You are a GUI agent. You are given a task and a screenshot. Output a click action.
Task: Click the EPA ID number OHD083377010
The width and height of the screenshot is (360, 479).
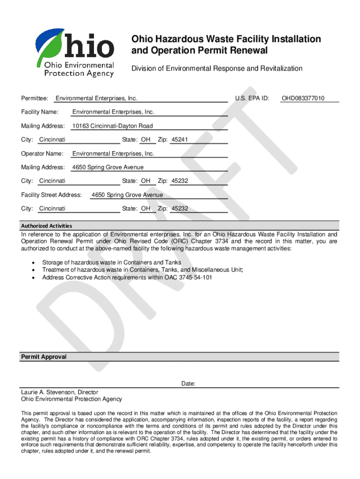pyautogui.click(x=303, y=99)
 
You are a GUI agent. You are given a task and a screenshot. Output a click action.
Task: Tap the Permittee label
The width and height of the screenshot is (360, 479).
pyautogui.click(x=35, y=99)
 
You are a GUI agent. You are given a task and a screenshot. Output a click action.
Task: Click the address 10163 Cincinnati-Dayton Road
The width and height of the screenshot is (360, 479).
pyautogui.click(x=112, y=126)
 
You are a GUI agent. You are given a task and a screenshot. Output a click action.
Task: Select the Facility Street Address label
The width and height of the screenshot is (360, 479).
pyautogui.click(x=51, y=195)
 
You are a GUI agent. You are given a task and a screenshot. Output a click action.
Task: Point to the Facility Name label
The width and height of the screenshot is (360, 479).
pyautogui.click(x=40, y=112)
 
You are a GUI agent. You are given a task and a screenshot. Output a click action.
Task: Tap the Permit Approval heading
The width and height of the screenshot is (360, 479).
pyautogui.click(x=44, y=357)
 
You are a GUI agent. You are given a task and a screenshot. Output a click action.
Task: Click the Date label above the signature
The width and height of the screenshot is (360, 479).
pyautogui.click(x=188, y=384)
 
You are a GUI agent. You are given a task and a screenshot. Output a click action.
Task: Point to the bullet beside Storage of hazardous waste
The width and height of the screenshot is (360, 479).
pyautogui.click(x=33, y=263)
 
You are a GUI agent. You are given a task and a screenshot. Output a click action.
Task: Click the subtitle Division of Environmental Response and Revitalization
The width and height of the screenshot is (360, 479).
pyautogui.click(x=216, y=69)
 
